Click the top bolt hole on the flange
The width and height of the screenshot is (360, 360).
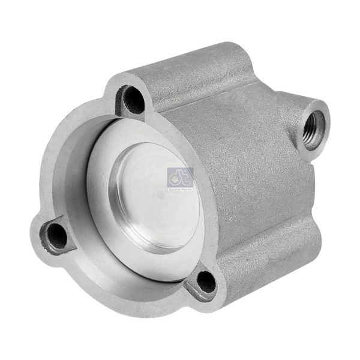tap(133, 99)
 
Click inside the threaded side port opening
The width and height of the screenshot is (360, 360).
tap(313, 125)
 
